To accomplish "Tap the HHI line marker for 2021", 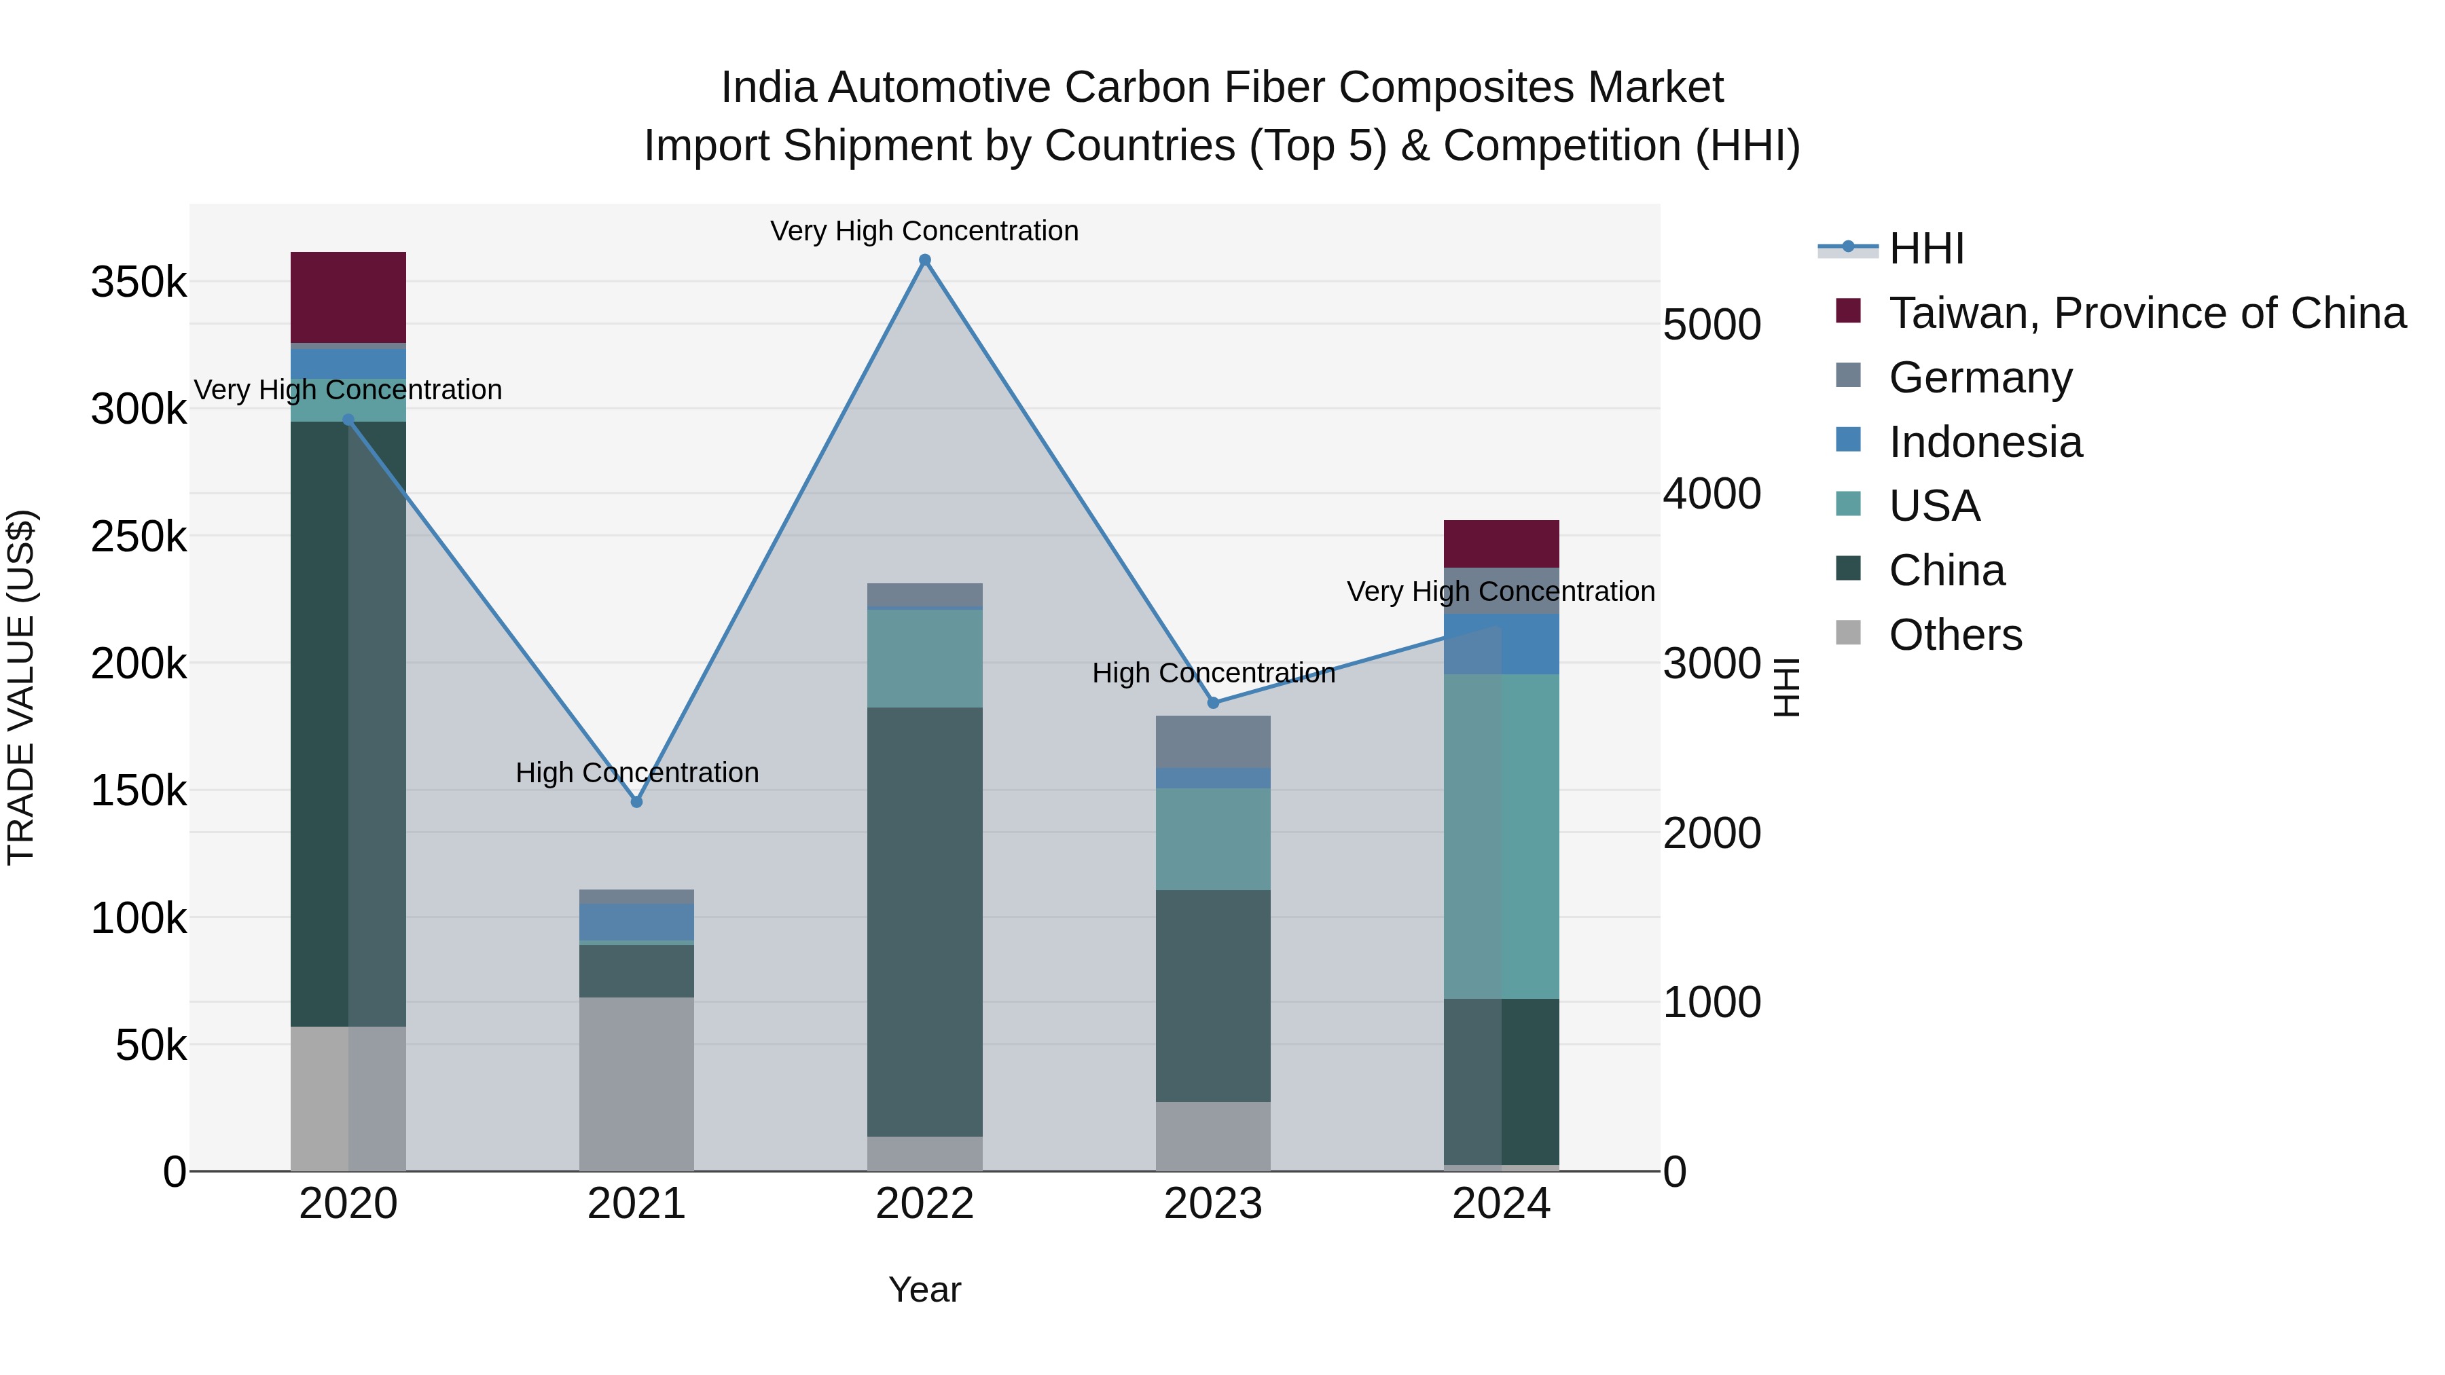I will [x=637, y=802].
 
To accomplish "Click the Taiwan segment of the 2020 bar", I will [x=348, y=297].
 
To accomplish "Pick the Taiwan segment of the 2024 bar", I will [x=1502, y=544].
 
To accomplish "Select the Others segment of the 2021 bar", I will [x=637, y=1084].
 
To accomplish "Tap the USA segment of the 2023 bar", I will [x=1213, y=839].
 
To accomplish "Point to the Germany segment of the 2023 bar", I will [x=1213, y=741].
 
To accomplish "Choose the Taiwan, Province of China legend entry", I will [x=2147, y=313].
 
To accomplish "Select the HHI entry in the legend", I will [x=1926, y=249].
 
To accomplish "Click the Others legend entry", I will [x=1955, y=635].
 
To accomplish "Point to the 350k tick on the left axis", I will [x=139, y=282].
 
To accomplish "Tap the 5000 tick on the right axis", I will [x=1712, y=325].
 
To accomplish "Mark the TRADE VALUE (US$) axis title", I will [x=21, y=687].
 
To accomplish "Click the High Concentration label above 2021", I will [x=637, y=773].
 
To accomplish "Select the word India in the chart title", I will [x=768, y=88].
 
